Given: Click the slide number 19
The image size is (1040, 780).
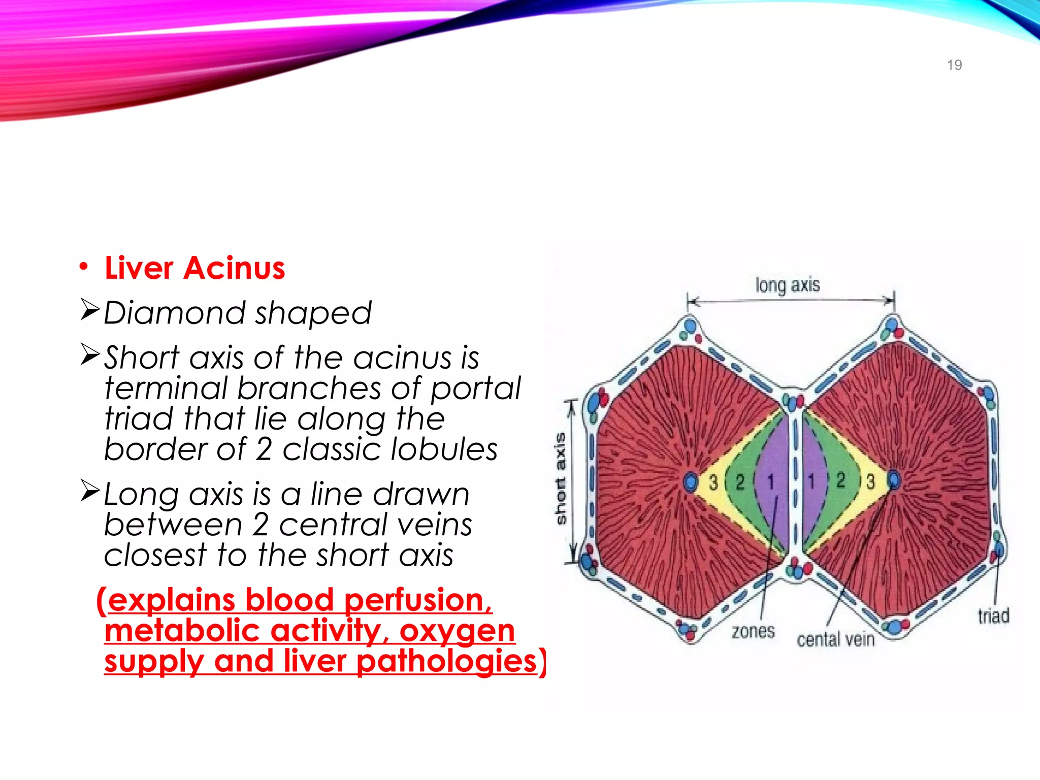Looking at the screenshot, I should pos(954,65).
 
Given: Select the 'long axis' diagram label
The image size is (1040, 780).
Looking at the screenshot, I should pos(787,285).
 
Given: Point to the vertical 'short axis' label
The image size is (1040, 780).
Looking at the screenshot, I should pos(560,478).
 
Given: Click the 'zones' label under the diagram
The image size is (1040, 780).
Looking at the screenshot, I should pos(753,632).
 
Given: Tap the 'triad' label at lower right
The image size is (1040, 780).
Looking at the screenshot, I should pos(993,616).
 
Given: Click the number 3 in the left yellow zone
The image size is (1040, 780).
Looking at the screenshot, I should pos(713,482).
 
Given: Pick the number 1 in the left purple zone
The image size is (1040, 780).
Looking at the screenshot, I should pos(770,481).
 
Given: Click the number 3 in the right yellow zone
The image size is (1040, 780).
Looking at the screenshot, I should pos(870,481).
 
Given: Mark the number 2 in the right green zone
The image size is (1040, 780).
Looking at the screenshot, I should pos(841,480).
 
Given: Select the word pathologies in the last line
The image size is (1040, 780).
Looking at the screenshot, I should pos(447,661).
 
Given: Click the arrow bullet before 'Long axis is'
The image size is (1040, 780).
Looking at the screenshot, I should pos(90,491).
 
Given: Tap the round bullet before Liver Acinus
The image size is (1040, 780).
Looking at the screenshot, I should pos(84,267).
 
